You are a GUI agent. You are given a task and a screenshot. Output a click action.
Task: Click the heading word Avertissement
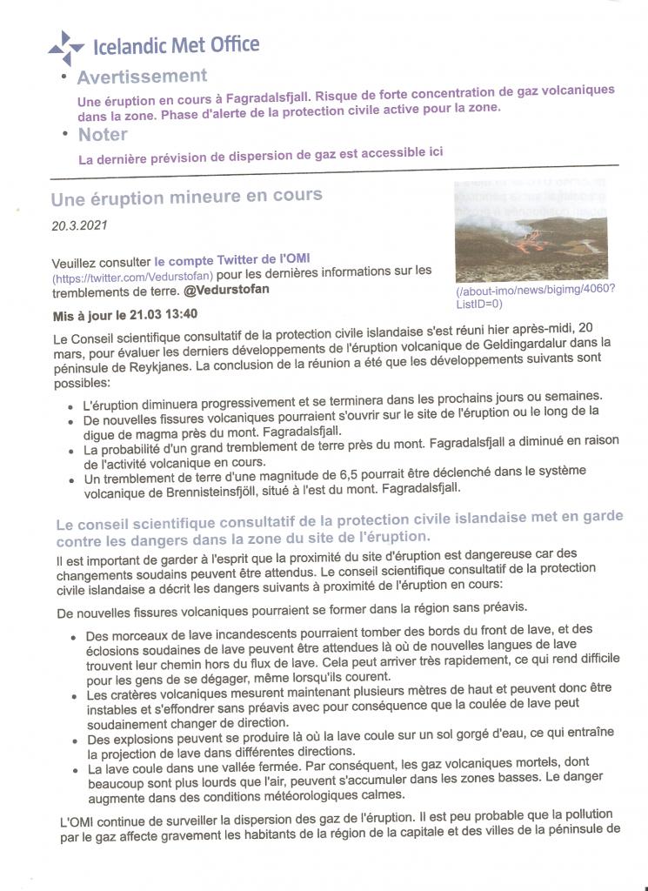coord(142,77)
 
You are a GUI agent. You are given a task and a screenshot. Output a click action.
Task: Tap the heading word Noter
coord(103,135)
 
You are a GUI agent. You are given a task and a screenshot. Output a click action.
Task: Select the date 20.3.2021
coord(79,226)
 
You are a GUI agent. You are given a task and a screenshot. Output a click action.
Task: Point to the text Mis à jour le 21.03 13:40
coord(125,315)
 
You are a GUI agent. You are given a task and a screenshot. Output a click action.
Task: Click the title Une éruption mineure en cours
coord(186,198)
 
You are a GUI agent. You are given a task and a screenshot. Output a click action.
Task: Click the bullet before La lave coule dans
coord(74,770)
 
